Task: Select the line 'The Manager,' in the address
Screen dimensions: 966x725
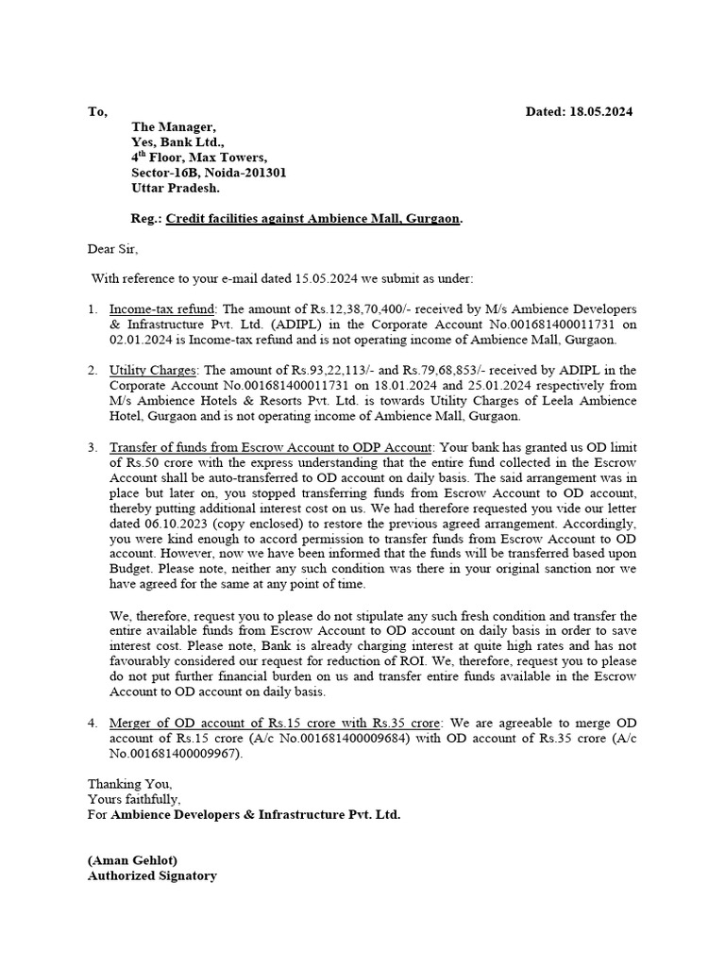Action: (x=174, y=127)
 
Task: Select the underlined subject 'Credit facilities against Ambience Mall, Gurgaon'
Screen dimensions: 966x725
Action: (x=313, y=219)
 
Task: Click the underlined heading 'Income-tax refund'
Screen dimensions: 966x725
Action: (x=162, y=309)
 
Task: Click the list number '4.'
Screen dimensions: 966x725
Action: (x=93, y=723)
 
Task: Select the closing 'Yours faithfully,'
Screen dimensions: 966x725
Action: (x=135, y=799)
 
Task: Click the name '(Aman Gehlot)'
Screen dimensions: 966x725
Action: (x=132, y=860)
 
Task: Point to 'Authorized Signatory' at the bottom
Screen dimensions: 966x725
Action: (x=152, y=875)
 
